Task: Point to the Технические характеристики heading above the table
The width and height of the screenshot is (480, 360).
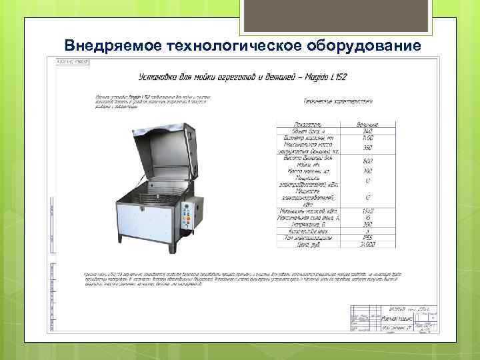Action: coord(337,101)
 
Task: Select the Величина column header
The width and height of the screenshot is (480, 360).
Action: coord(368,125)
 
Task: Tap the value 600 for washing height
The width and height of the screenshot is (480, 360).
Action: coord(368,161)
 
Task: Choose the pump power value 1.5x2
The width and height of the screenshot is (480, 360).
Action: coord(368,211)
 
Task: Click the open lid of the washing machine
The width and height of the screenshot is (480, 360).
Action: coord(163,147)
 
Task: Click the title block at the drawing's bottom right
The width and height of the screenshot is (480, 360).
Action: coord(393,319)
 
